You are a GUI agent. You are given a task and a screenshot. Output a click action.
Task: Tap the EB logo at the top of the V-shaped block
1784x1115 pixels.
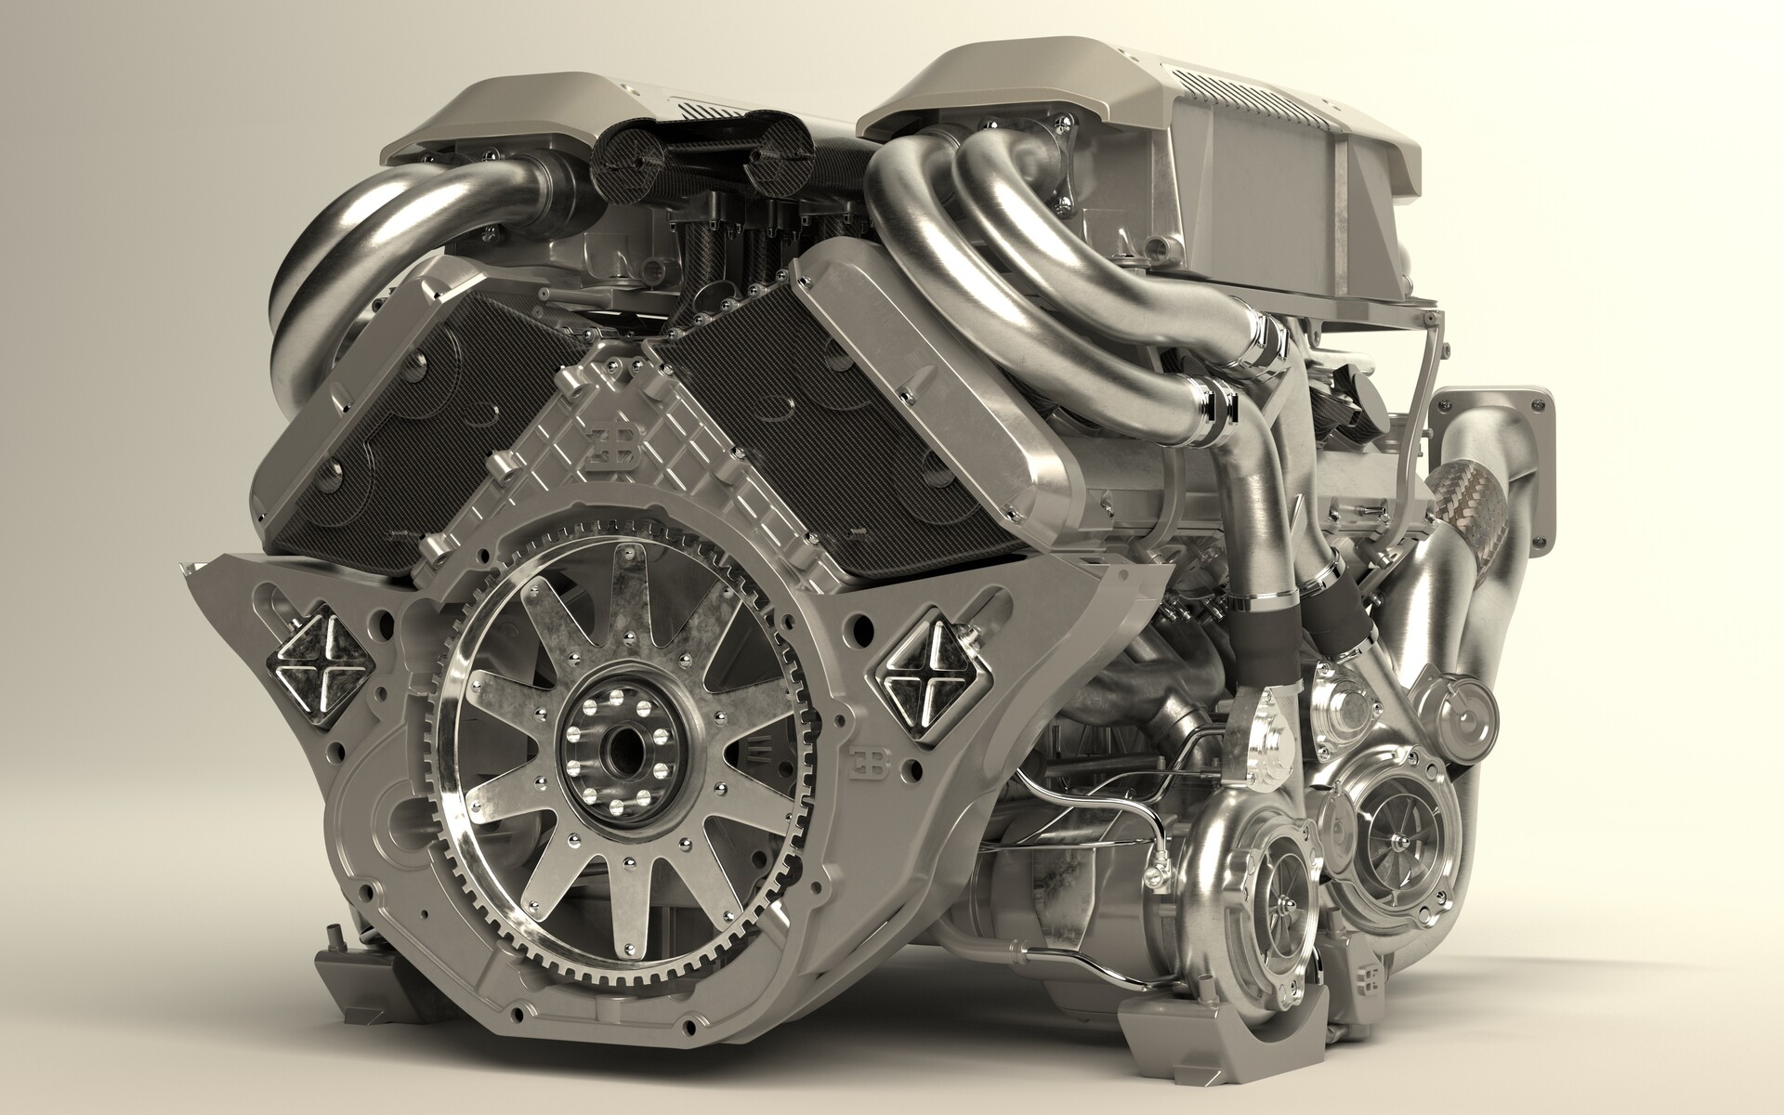point(613,449)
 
